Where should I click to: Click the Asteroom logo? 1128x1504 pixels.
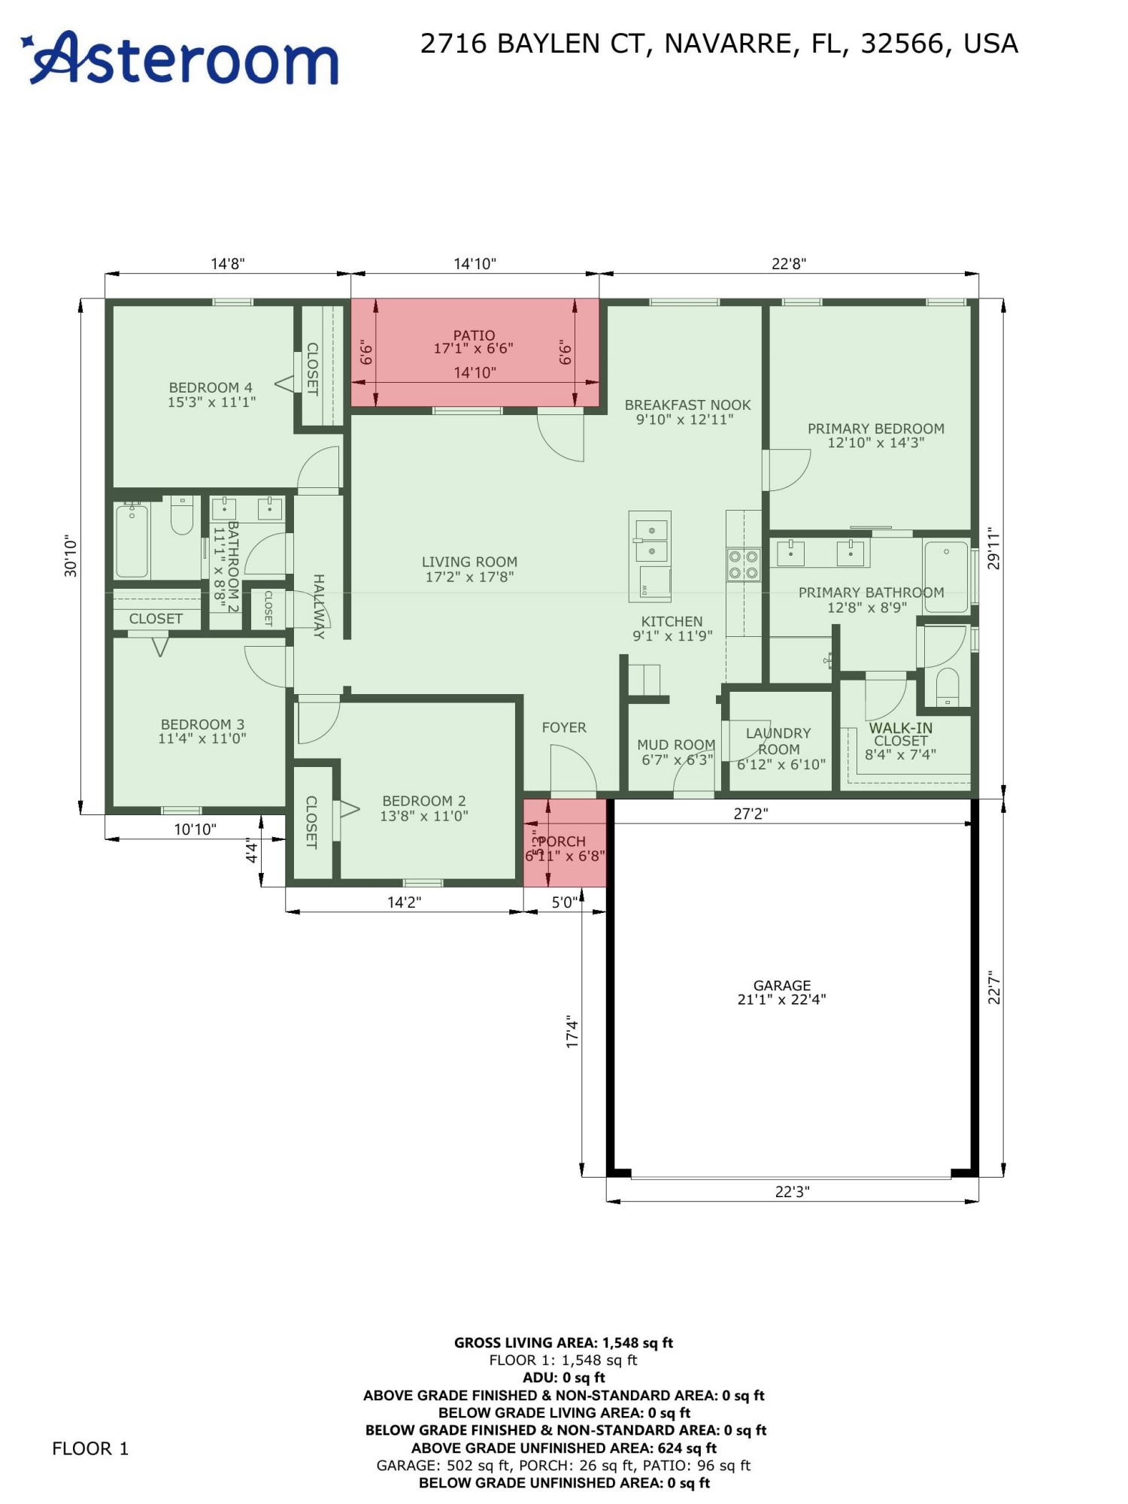180,59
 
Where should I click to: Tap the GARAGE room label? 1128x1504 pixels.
781,985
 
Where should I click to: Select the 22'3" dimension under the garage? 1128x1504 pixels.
792,1192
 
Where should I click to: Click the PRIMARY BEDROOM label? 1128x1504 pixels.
875,429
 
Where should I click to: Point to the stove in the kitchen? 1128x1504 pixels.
743,564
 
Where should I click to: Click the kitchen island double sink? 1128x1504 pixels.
650,540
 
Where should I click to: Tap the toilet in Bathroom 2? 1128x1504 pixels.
182,515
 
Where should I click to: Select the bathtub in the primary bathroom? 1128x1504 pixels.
945,577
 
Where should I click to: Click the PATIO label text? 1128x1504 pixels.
474,335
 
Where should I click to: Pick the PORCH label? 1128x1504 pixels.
562,841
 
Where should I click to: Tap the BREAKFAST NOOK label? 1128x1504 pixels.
687,405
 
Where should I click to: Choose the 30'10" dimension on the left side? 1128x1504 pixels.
71,556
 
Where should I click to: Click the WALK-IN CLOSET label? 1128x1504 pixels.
900,734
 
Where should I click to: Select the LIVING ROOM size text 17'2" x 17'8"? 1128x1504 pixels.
469,577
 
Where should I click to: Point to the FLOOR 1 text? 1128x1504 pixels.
90,1448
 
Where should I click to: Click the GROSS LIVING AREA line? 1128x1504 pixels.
563,1342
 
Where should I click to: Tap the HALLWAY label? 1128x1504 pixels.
319,606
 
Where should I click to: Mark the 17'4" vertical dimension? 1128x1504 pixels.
573,1032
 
